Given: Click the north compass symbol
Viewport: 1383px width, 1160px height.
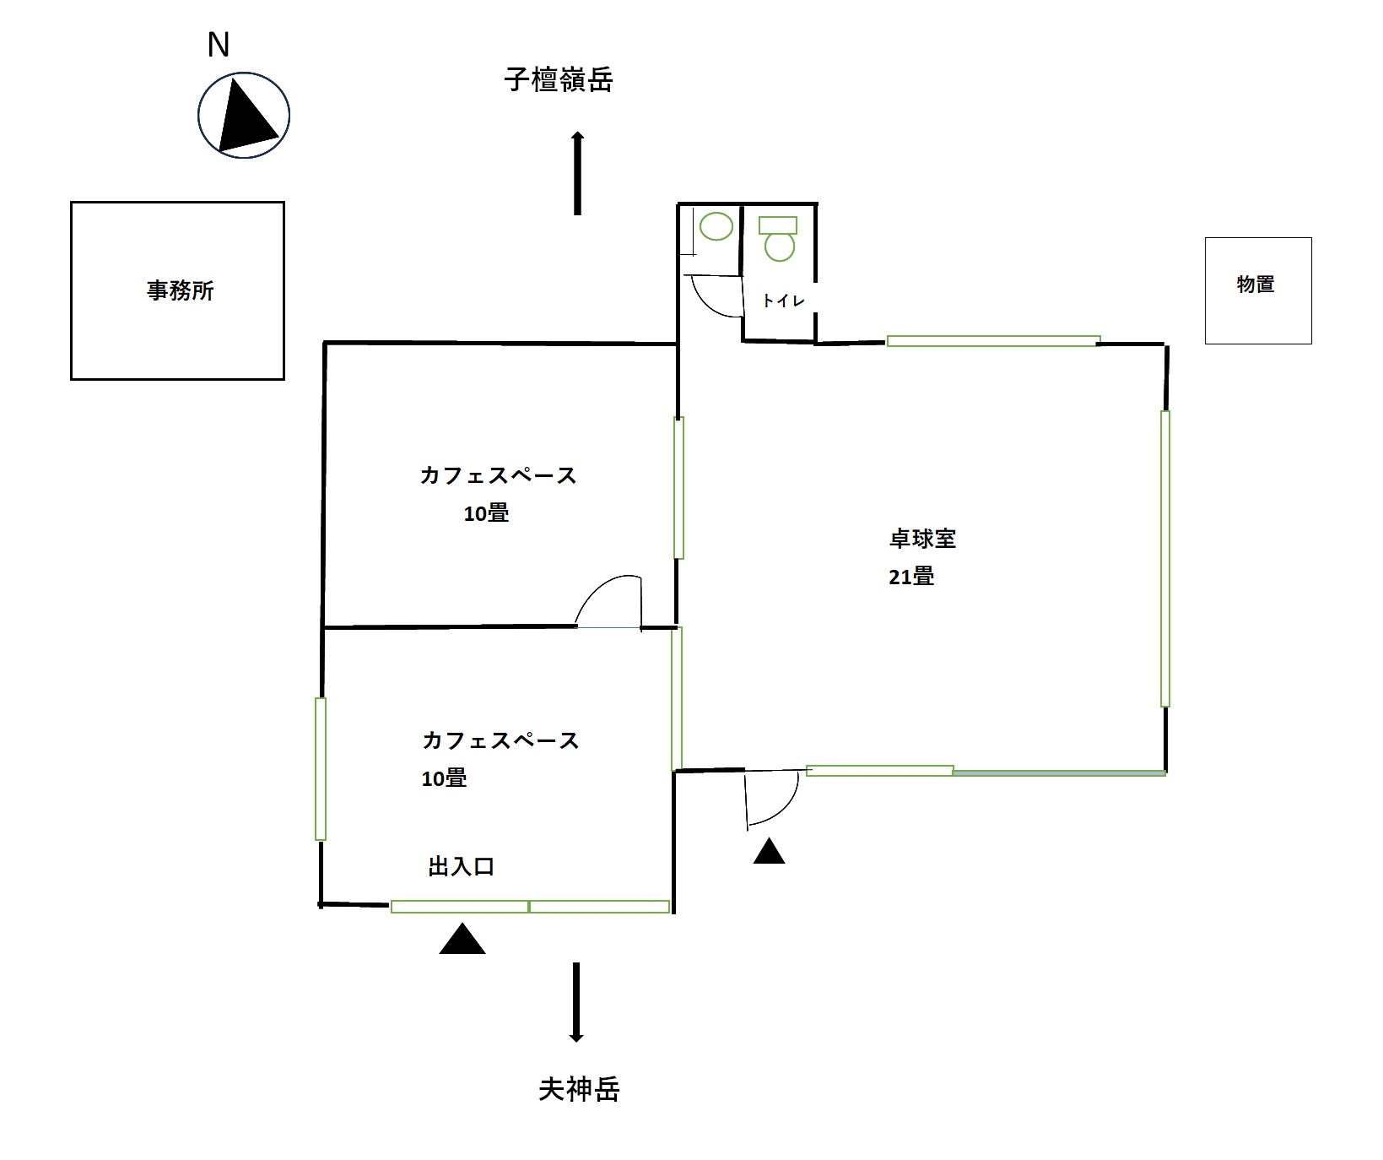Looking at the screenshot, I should [244, 116].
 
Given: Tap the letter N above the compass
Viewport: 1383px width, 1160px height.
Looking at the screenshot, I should [219, 46].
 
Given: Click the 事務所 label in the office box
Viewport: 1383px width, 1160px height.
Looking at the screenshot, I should [181, 291].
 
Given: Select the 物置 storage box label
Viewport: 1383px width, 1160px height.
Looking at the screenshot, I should [1256, 285].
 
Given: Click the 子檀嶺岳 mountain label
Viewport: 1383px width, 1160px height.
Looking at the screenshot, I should [559, 80].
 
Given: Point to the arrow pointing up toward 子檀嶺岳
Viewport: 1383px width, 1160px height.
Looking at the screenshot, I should [578, 173].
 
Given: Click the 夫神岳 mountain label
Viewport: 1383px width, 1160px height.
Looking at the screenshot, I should [579, 1089].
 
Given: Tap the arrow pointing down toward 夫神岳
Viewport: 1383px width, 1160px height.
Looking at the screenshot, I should [576, 1002].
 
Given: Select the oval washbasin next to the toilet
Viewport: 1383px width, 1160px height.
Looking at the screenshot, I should [716, 226].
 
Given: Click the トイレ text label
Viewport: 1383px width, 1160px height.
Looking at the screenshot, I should [783, 301].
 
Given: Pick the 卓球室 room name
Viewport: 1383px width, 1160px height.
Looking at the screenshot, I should [922, 539].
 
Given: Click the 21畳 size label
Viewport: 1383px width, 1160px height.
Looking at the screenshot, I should [911, 577].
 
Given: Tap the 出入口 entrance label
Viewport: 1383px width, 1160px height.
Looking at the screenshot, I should [461, 867].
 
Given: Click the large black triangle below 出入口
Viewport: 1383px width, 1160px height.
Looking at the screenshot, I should [462, 940].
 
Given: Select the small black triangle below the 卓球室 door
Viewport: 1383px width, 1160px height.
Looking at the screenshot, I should [769, 851].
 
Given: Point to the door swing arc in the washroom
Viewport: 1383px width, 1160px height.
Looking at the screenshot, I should [716, 297].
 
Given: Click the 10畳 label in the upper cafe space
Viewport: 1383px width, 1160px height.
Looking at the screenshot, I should [486, 513].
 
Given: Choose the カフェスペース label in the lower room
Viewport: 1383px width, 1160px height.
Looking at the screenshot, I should [500, 740].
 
